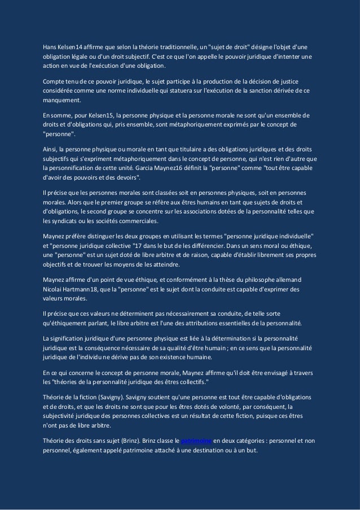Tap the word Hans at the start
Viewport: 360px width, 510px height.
click(50, 46)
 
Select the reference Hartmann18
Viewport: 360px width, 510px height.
click(86, 290)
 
